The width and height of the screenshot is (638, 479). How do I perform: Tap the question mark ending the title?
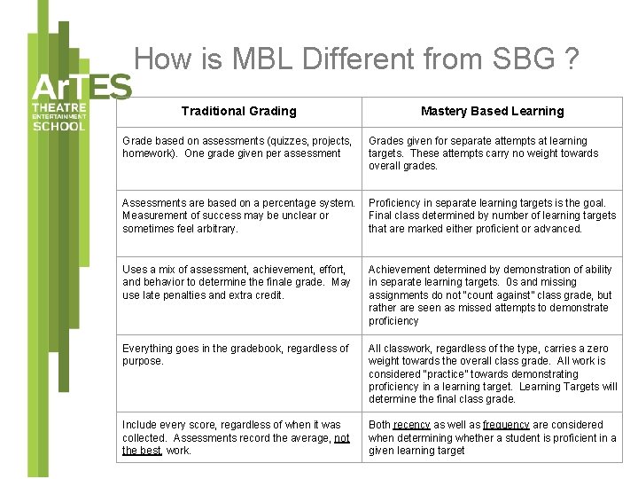click(571, 59)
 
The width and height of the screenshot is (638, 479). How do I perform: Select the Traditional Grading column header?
click(238, 111)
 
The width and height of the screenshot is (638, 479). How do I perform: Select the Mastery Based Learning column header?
click(492, 111)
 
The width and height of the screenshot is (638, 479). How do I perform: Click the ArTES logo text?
click(82, 88)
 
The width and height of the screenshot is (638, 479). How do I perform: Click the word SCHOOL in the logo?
click(59, 126)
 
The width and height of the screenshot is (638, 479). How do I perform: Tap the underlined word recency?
click(411, 425)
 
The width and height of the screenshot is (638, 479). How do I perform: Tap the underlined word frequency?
click(506, 425)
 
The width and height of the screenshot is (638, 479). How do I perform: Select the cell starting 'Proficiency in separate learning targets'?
click(492, 216)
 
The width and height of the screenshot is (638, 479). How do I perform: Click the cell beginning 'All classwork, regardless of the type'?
click(493, 373)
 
